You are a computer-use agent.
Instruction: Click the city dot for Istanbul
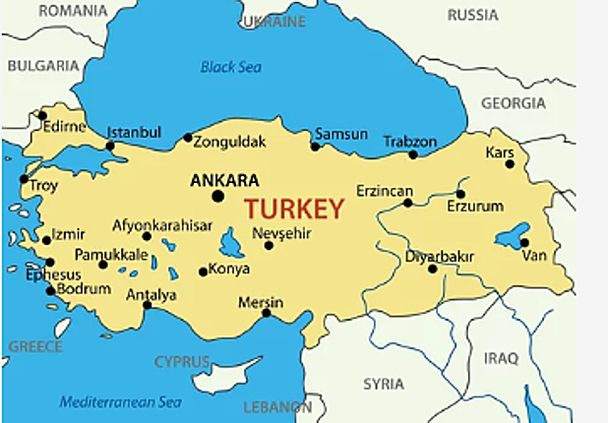coord(110,146)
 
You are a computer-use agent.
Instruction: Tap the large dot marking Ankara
coord(218,196)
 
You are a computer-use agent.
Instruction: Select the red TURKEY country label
coord(294,209)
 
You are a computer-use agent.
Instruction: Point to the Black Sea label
coord(232,67)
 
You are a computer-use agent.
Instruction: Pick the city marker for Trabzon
coord(413,154)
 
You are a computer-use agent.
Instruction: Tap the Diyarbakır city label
coord(440,256)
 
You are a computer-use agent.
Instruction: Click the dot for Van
coord(525,242)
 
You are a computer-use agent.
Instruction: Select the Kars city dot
coord(510,164)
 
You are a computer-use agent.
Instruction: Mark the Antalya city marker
coord(148,305)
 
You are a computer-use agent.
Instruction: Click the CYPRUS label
coord(182,361)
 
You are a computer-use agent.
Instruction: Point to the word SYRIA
coord(383,383)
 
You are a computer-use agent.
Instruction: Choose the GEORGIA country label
coord(513,103)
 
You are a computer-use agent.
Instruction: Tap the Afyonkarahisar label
coord(162,225)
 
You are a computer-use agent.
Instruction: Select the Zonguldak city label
coord(229,142)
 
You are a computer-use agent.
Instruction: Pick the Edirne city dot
coord(42,115)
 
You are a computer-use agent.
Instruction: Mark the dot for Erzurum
coord(460,194)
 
